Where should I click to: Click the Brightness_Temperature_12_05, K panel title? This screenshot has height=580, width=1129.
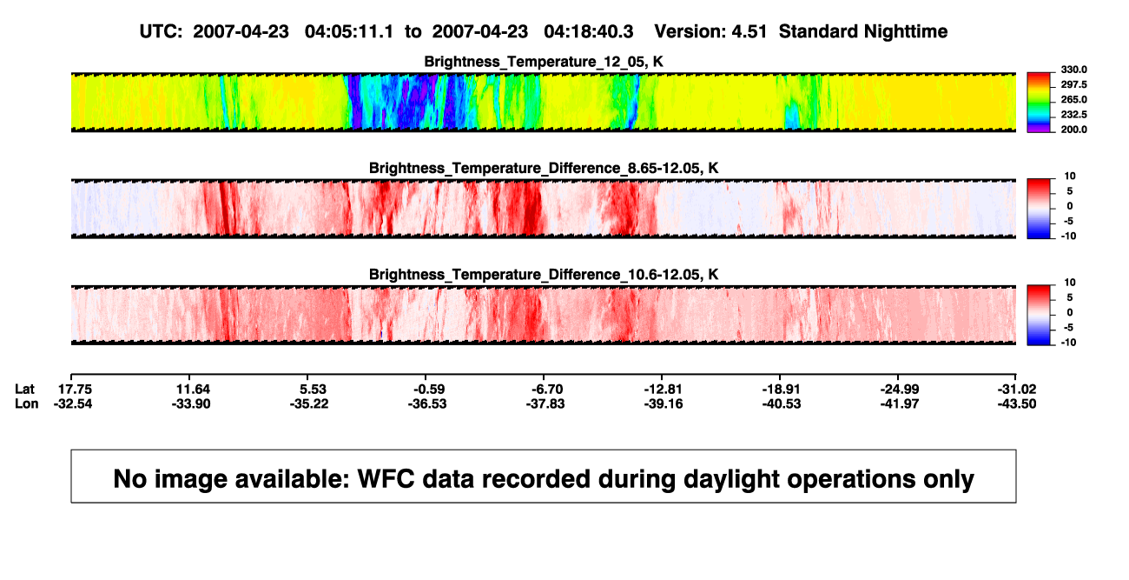tap(544, 62)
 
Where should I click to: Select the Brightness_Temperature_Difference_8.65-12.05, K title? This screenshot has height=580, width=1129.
tap(544, 168)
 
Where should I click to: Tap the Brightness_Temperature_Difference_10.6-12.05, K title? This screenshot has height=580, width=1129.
tap(544, 275)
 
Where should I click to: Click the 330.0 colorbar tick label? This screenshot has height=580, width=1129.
tap(1073, 70)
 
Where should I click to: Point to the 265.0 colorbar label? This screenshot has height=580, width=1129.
tap(1073, 99)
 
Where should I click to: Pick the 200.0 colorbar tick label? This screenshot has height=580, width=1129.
tap(1073, 130)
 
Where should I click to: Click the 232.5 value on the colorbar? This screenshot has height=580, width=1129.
tap(1073, 115)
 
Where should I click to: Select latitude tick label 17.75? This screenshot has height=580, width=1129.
tap(75, 390)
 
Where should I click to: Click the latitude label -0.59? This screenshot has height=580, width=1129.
tap(429, 390)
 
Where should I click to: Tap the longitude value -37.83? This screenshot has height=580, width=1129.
tap(545, 403)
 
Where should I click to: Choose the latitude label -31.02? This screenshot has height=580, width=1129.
tap(1017, 390)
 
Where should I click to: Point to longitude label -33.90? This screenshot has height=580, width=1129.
tap(191, 403)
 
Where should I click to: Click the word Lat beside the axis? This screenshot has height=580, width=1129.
tap(24, 390)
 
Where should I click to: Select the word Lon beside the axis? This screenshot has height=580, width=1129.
tap(27, 403)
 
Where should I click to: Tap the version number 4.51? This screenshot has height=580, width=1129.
tap(749, 31)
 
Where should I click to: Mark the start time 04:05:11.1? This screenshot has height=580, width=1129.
tap(349, 31)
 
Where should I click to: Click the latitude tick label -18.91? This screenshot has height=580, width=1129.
tap(782, 390)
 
